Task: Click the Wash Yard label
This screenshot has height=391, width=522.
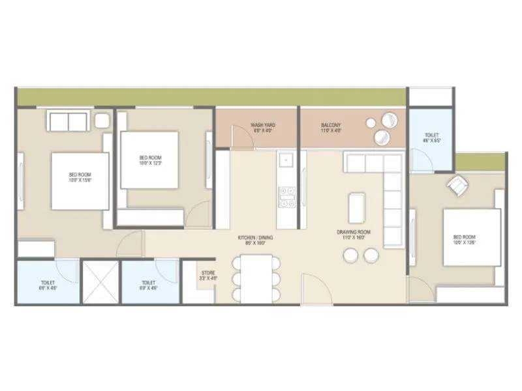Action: [x=262, y=128]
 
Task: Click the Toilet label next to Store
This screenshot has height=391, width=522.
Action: [x=149, y=285]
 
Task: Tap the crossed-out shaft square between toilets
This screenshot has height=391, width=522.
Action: [x=99, y=282]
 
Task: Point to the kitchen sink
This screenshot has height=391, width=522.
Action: [x=286, y=160]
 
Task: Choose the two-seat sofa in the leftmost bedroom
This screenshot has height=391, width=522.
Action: [x=68, y=121]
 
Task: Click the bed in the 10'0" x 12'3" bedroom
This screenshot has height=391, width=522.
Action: [x=150, y=160]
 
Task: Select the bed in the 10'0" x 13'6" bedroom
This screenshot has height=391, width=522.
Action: [x=471, y=237]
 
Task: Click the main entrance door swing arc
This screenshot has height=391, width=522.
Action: [x=313, y=287]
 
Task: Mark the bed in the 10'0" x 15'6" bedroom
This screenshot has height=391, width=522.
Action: [x=80, y=181]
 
